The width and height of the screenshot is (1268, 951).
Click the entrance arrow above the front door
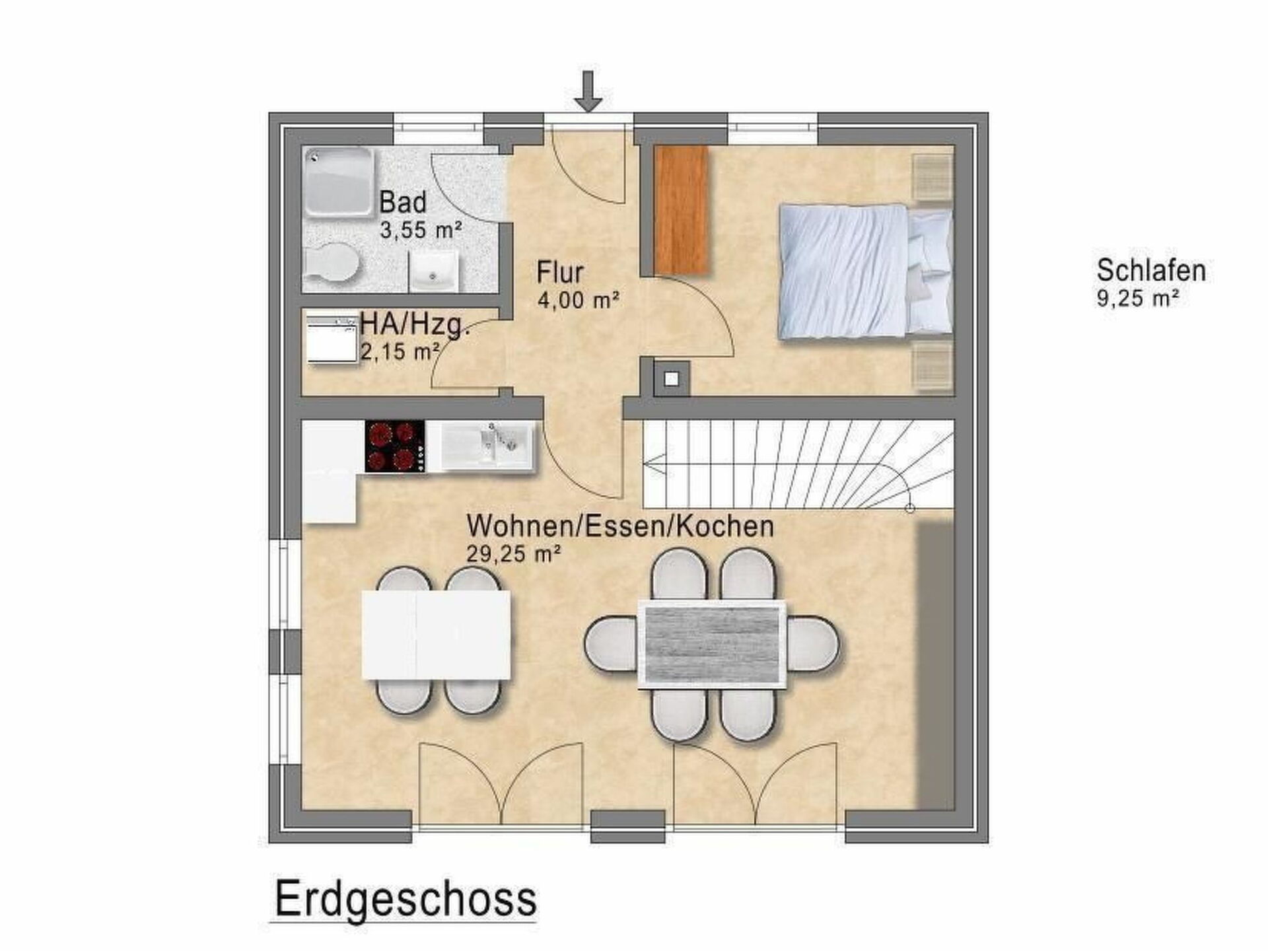(588, 91)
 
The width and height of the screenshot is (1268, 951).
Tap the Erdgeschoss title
(405, 899)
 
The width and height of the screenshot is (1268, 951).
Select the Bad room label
(402, 202)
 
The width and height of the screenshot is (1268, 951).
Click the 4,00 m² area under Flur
(579, 300)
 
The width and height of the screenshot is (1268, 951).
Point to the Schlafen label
(1151, 270)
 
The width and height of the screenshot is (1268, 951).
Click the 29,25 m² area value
(514, 553)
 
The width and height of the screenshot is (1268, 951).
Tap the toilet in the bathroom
(332, 263)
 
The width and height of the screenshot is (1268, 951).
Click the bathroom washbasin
(433, 271)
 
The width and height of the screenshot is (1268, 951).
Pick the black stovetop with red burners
(395, 446)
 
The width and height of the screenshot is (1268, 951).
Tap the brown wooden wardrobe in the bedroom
(683, 210)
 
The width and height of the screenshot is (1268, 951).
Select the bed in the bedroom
(865, 272)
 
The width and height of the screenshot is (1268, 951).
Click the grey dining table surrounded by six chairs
(712, 645)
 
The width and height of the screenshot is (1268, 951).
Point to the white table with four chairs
(437, 635)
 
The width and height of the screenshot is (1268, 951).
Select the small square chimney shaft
(672, 378)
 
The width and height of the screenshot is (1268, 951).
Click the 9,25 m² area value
(1138, 299)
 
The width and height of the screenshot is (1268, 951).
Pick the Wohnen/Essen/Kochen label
(620, 526)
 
